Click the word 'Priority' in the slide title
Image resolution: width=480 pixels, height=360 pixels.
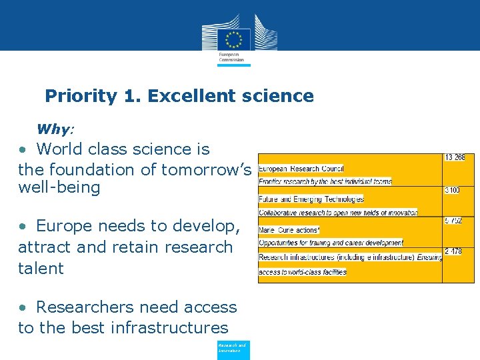coord(81,96)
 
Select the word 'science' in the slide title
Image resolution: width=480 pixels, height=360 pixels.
coord(281,96)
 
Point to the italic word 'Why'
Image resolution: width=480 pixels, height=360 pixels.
coord(55,129)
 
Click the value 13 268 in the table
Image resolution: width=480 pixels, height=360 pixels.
coord(455,158)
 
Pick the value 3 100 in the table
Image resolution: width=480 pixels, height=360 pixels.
coord(452,191)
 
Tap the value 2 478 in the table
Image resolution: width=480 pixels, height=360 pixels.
coord(453,252)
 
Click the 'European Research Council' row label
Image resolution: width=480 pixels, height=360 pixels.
coord(301,169)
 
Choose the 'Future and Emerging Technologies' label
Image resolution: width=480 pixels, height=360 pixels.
coord(311,199)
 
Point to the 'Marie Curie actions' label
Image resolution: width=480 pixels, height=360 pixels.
coord(289,230)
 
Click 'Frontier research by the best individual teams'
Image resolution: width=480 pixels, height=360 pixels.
coord(325,181)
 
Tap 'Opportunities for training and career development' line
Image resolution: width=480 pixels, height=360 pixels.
coord(331,243)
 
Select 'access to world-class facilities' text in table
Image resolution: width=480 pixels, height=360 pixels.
coord(303,272)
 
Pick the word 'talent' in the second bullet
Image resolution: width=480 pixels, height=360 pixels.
coord(41,269)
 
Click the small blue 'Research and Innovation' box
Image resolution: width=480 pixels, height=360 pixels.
coord(233,349)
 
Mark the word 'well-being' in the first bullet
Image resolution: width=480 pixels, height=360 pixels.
coord(59,187)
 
